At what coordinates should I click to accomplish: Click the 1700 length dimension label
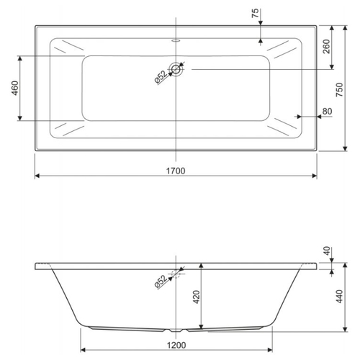click(x=176, y=171)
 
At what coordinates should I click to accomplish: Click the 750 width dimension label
click(x=340, y=90)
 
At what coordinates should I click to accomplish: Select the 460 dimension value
click(x=15, y=88)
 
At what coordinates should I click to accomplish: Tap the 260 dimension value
click(x=326, y=47)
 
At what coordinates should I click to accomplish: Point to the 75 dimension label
click(x=256, y=13)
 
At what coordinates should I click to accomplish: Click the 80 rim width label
click(x=327, y=112)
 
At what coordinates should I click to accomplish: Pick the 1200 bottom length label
click(x=176, y=345)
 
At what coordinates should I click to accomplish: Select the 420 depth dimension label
click(x=197, y=297)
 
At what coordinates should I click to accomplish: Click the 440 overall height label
click(x=340, y=296)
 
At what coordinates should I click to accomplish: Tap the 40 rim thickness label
click(x=327, y=251)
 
